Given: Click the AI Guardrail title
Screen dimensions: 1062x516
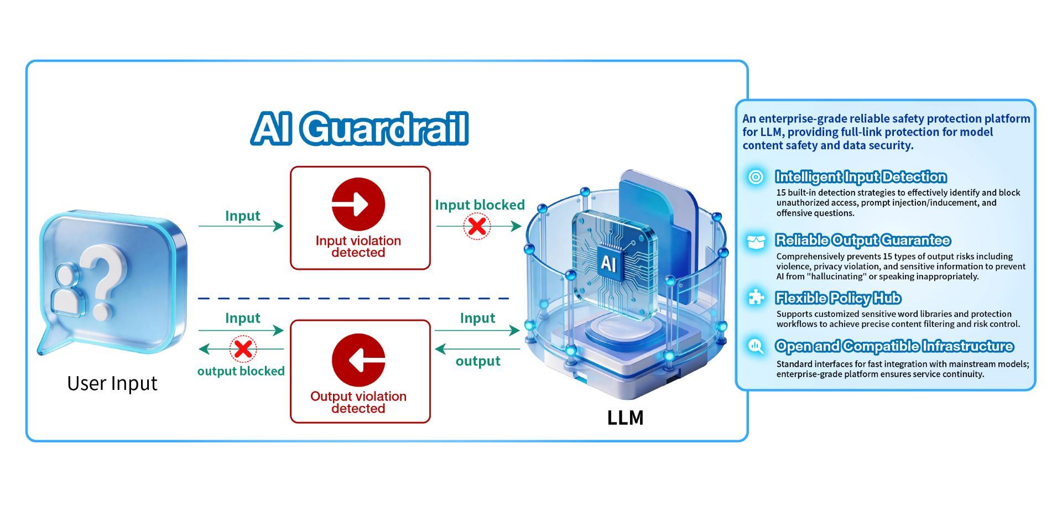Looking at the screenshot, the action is (x=360, y=128).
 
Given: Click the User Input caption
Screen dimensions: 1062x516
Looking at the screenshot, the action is (x=112, y=383).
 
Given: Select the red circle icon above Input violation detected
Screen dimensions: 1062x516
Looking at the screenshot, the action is (x=358, y=204).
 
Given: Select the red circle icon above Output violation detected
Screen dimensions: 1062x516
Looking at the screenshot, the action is (x=358, y=360).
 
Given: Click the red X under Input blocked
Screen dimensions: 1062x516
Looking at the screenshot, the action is (x=477, y=226).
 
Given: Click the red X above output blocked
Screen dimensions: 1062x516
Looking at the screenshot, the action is (x=243, y=349).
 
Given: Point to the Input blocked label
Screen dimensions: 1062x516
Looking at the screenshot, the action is (x=480, y=205).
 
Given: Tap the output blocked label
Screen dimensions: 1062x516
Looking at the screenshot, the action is (x=241, y=371).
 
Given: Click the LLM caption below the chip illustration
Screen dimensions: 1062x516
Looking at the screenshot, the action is (x=626, y=418).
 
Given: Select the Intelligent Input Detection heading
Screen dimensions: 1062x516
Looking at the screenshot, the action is (x=861, y=177).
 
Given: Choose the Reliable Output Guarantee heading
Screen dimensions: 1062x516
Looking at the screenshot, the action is (x=863, y=240).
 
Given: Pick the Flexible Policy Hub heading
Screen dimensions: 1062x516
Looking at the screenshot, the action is (x=838, y=298).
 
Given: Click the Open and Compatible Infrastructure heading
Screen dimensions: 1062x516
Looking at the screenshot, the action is (x=894, y=346).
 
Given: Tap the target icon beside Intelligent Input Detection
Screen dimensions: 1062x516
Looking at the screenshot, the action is (x=756, y=177).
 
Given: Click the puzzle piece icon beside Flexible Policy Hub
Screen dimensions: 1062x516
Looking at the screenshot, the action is (x=756, y=298).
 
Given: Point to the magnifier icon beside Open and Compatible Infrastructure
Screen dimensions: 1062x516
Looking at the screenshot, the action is (x=756, y=346).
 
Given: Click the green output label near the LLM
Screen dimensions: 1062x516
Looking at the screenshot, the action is (x=478, y=361).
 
